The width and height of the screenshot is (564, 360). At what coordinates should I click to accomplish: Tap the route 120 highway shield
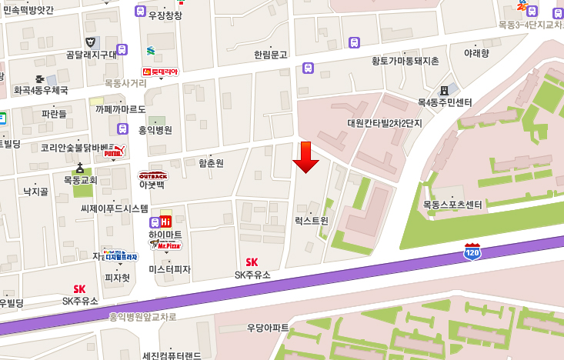474,251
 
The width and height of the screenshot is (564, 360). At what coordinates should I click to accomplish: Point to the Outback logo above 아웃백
152,175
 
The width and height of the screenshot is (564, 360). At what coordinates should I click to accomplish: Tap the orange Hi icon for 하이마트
165,222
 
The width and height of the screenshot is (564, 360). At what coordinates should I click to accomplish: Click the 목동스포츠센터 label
452,205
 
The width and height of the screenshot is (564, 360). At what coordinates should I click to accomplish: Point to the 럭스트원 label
312,220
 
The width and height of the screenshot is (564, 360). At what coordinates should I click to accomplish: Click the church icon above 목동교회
79,168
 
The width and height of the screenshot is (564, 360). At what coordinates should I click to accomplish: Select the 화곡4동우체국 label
41,90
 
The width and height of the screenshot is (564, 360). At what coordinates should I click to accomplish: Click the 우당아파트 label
268,328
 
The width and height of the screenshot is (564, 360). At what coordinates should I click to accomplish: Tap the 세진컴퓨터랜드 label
172,356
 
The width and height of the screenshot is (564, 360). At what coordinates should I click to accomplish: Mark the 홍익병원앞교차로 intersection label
142,316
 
